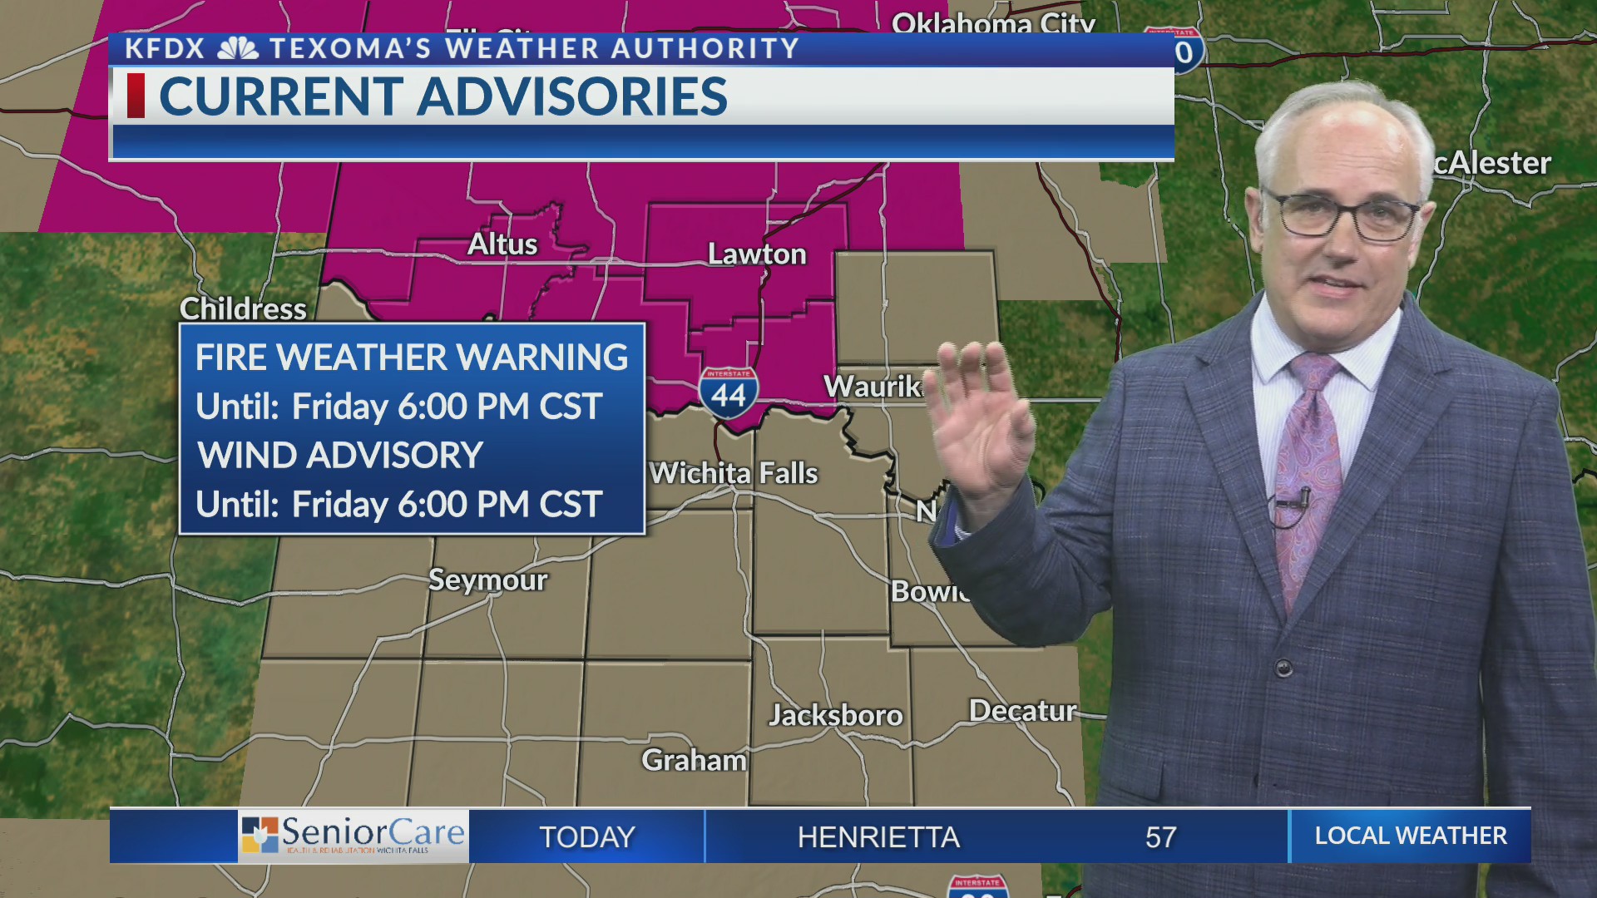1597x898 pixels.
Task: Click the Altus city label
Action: click(502, 244)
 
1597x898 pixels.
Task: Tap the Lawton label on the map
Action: click(757, 254)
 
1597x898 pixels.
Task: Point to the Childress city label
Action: click(243, 309)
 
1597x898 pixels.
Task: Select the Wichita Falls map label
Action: click(734, 474)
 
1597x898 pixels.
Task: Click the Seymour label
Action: click(487, 580)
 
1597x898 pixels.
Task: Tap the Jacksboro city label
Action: click(835, 715)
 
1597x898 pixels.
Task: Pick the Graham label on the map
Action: click(694, 760)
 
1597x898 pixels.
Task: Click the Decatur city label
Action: click(1022, 711)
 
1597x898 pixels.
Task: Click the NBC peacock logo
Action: click(238, 49)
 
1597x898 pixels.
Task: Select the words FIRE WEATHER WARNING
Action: click(412, 358)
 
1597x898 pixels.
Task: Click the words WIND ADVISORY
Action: click(340, 456)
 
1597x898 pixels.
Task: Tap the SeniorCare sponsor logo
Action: click(354, 836)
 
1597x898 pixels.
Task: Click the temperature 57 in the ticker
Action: click(1160, 836)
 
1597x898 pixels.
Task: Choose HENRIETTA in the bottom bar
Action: click(878, 836)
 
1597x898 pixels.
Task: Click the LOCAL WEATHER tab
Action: click(1411, 836)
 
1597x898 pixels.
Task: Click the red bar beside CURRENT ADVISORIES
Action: click(136, 96)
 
